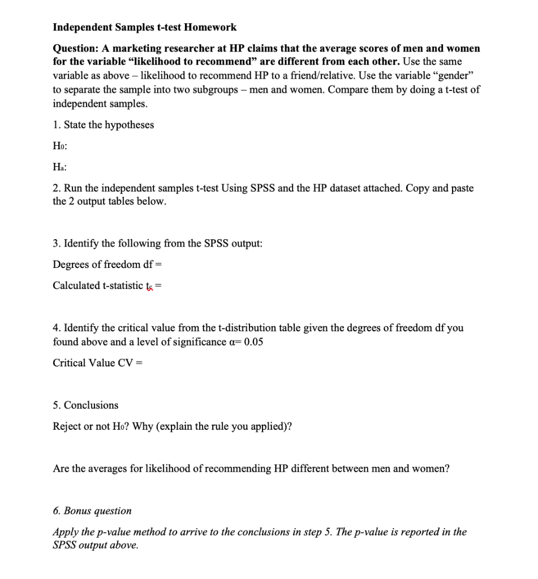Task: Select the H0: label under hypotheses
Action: tap(60, 145)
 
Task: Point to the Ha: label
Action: tap(60, 167)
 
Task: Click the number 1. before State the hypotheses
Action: tap(56, 124)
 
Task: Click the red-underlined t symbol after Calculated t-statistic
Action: tap(150, 286)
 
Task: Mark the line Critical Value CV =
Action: tap(97, 362)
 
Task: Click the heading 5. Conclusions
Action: tap(85, 405)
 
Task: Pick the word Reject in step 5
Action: tap(67, 426)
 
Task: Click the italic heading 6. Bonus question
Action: tap(92, 511)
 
